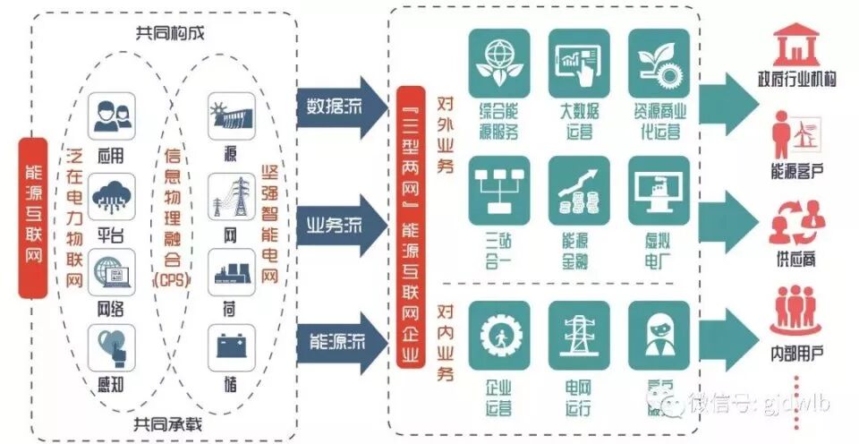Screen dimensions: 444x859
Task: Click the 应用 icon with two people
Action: coord(112,115)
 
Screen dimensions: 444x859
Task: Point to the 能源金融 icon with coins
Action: coord(579,190)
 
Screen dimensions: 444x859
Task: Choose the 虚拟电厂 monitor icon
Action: coord(659,190)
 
